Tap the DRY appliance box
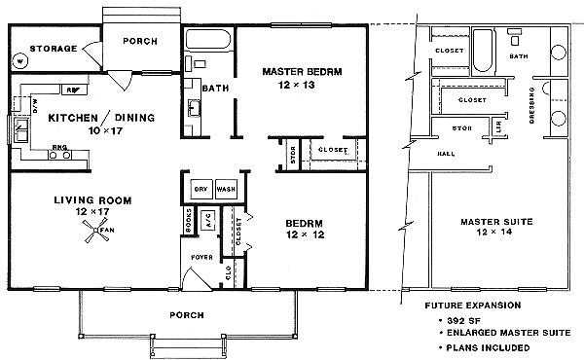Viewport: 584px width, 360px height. click(201, 189)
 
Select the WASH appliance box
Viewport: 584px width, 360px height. click(226, 189)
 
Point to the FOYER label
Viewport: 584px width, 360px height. click(201, 259)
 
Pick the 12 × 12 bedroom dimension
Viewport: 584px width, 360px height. click(305, 234)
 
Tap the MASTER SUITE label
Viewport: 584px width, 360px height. click(495, 222)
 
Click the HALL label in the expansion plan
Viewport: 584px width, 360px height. click(446, 153)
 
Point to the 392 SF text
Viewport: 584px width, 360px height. click(456, 319)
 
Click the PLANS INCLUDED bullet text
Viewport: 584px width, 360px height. click(486, 347)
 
